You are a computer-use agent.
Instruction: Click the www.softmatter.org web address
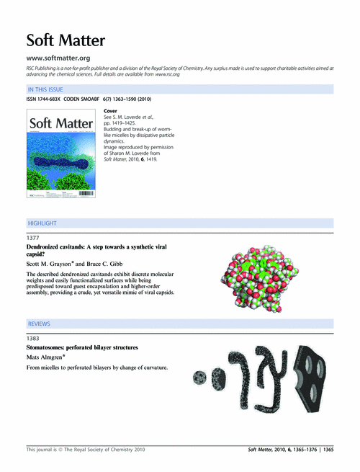[x=58, y=58]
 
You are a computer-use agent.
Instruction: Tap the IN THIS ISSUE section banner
[x=46, y=90]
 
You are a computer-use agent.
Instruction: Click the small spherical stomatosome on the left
[x=199, y=375]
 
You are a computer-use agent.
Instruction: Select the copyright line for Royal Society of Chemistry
[x=86, y=449]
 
